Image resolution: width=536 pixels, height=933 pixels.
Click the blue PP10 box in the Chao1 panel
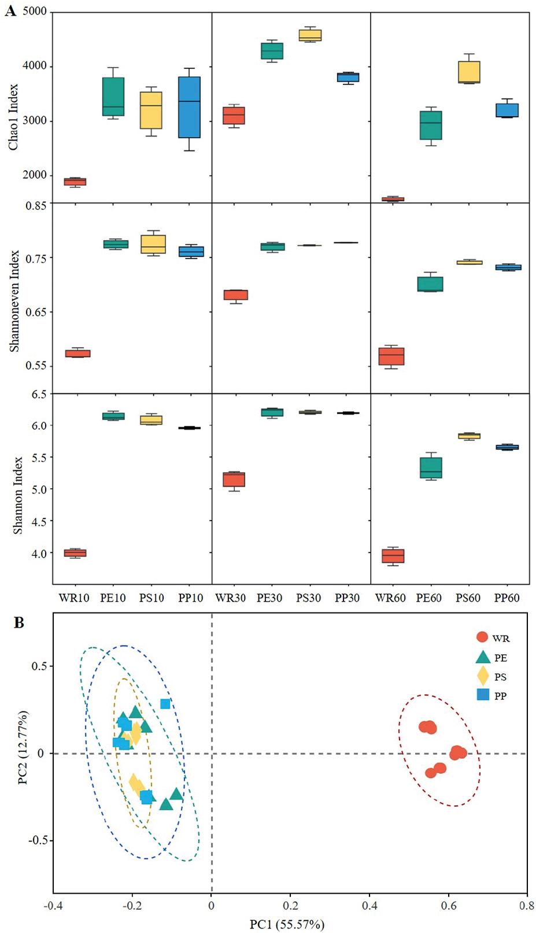click(188, 107)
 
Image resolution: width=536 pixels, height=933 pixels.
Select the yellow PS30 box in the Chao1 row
click(309, 35)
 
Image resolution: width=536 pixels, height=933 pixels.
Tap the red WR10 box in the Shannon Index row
click(75, 553)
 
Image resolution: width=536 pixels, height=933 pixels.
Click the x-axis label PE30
click(269, 598)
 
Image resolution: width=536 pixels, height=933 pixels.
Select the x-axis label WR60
click(390, 598)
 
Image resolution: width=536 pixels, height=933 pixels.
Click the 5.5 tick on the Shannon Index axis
click(39, 458)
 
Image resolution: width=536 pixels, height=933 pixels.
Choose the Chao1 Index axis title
click(13, 117)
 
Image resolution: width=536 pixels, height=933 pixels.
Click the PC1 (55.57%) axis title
click(287, 924)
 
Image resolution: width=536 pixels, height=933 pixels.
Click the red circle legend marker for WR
click(482, 637)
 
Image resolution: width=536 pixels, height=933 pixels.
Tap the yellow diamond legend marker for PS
click(483, 676)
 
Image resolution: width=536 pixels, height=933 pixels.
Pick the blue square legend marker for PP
click(483, 695)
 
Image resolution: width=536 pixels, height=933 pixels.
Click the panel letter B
click(19, 623)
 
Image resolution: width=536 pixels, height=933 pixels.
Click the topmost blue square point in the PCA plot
click(165, 704)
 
